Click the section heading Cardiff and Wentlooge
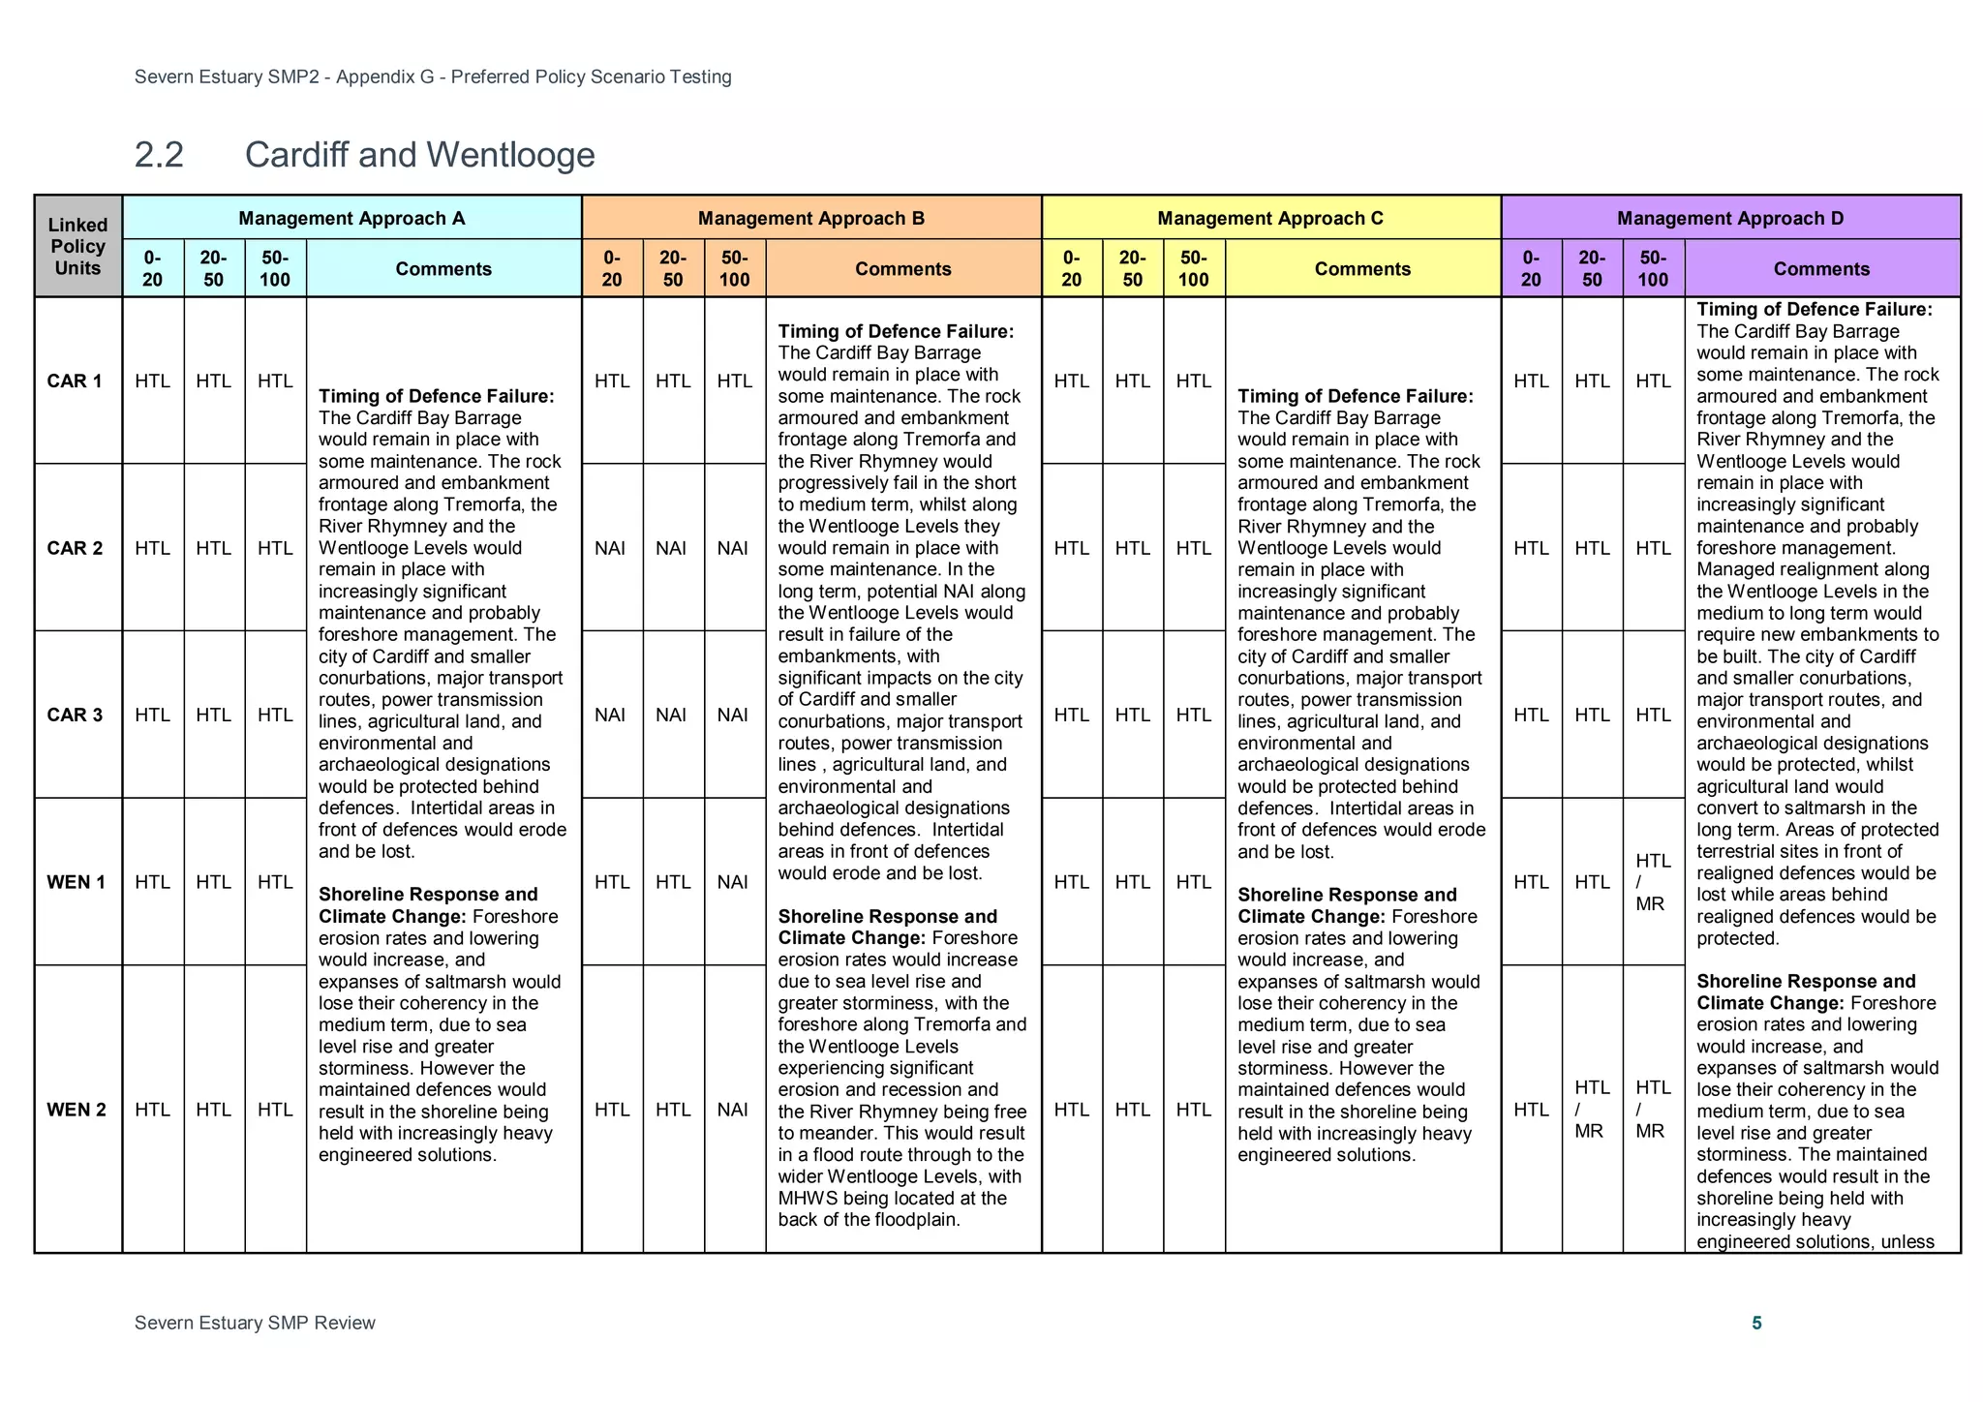[x=418, y=155]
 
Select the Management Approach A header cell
[x=351, y=218]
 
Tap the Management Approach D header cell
[x=1729, y=218]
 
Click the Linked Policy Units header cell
[x=77, y=246]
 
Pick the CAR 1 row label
[x=75, y=381]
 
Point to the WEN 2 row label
[x=76, y=1110]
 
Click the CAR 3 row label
[x=75, y=715]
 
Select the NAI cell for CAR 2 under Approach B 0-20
[x=611, y=548]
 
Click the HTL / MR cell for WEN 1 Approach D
[x=1653, y=882]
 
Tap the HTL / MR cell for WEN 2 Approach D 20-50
[x=1591, y=1110]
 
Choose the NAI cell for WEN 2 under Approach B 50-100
[x=733, y=1110]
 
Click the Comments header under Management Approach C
[x=1361, y=268]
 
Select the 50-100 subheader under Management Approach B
[x=734, y=268]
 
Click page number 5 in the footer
[x=1756, y=1323]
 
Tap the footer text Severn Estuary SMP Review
[x=255, y=1323]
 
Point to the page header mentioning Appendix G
[x=433, y=76]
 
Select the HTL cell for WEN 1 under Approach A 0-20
[x=152, y=882]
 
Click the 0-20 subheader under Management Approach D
[x=1530, y=268]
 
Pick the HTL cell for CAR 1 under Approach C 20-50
[x=1132, y=381]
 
